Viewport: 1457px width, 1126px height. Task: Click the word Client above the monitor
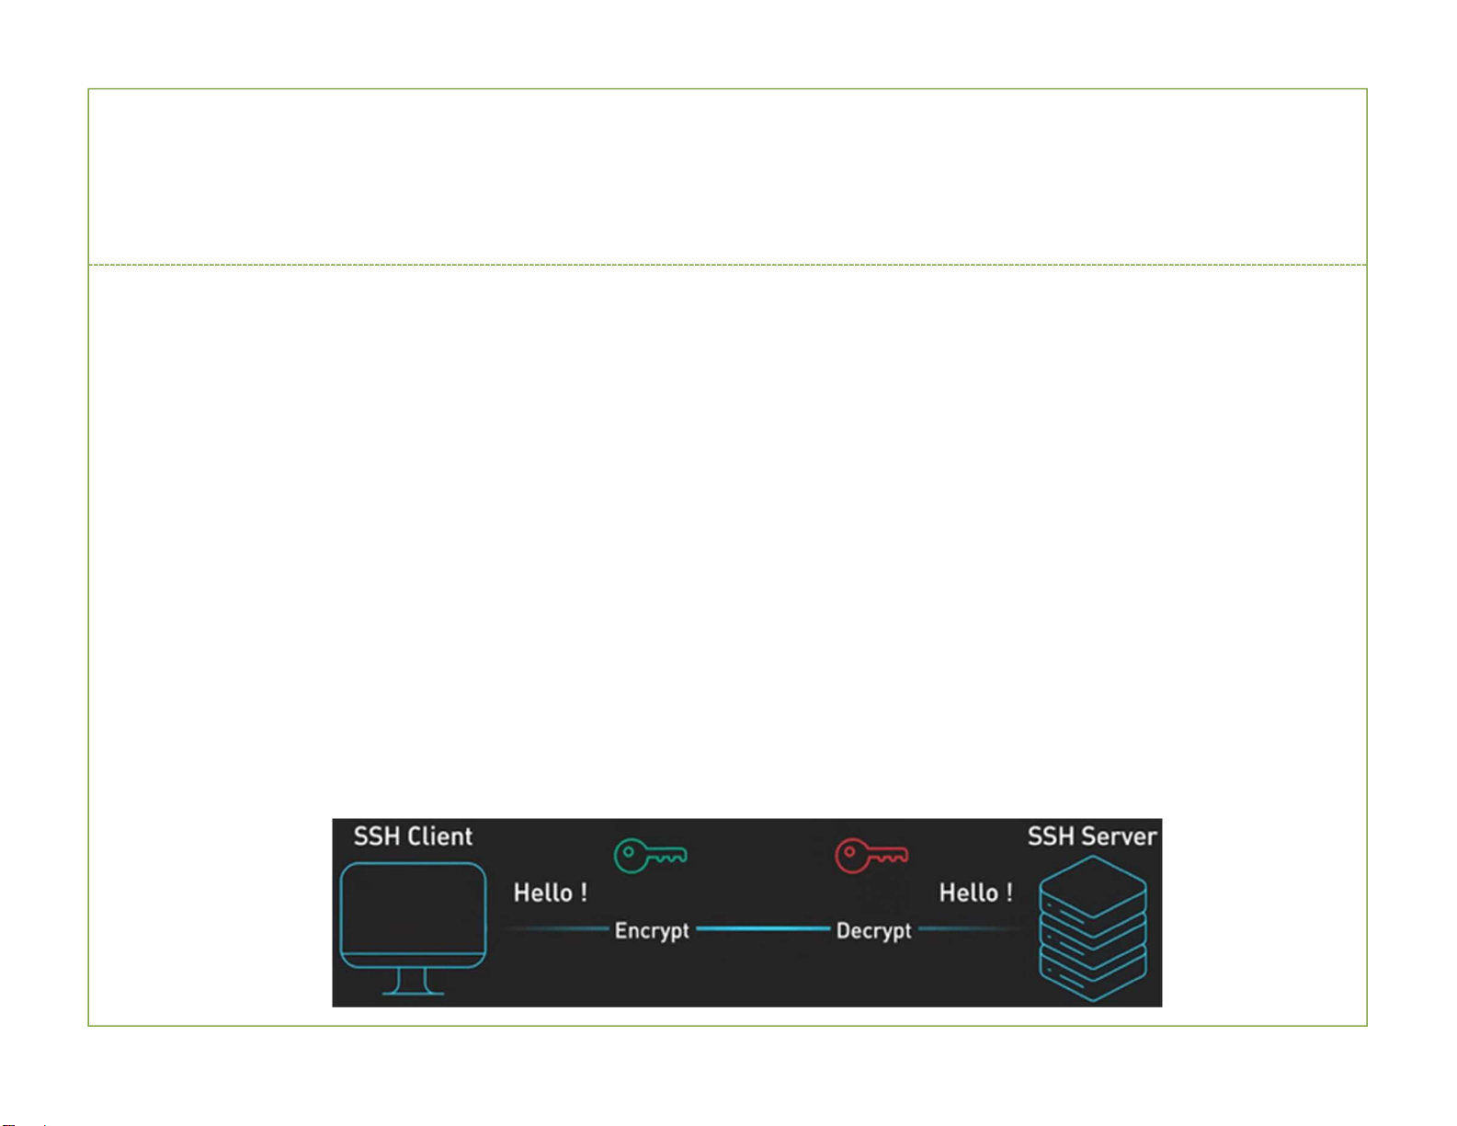(439, 836)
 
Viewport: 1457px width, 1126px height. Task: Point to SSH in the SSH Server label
(1051, 836)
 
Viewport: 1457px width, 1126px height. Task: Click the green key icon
(651, 856)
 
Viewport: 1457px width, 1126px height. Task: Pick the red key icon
(871, 856)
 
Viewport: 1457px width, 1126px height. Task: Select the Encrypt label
(652, 931)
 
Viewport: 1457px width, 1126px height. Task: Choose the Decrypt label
(873, 931)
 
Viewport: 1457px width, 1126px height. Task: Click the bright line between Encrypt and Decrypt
(763, 929)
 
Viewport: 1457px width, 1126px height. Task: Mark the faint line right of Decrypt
(970, 929)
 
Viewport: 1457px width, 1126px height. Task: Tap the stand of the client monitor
(413, 982)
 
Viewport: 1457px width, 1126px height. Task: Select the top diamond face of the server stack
(1093, 886)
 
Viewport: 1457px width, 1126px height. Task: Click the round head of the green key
(631, 856)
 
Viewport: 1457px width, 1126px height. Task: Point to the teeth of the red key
(891, 858)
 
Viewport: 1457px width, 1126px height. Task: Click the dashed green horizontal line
(727, 265)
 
